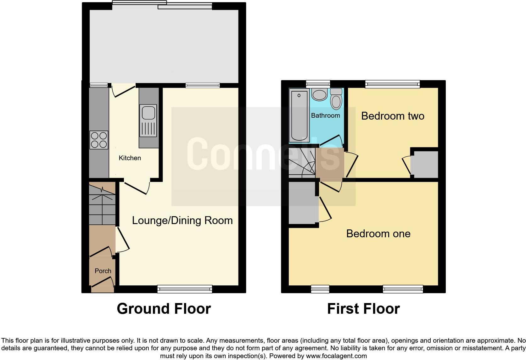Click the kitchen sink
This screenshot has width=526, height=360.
[x=148, y=121]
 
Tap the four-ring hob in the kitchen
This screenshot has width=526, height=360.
[x=99, y=140]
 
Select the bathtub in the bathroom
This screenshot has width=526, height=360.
[x=299, y=115]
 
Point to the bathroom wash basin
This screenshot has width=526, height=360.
[x=319, y=95]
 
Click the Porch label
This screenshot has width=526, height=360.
[x=103, y=271]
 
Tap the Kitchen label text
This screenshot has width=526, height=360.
[x=130, y=158]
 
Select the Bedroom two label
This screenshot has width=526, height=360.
[x=393, y=116]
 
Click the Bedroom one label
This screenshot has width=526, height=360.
[x=378, y=233]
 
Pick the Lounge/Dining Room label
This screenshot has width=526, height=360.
[x=182, y=220]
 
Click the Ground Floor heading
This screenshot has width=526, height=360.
[x=164, y=309]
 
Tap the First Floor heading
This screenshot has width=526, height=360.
[x=363, y=309]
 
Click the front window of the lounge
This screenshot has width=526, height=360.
[x=185, y=289]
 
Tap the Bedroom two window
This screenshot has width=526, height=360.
[x=392, y=84]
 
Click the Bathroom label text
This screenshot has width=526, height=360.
[x=325, y=115]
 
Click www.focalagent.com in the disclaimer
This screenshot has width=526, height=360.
[x=336, y=356]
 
